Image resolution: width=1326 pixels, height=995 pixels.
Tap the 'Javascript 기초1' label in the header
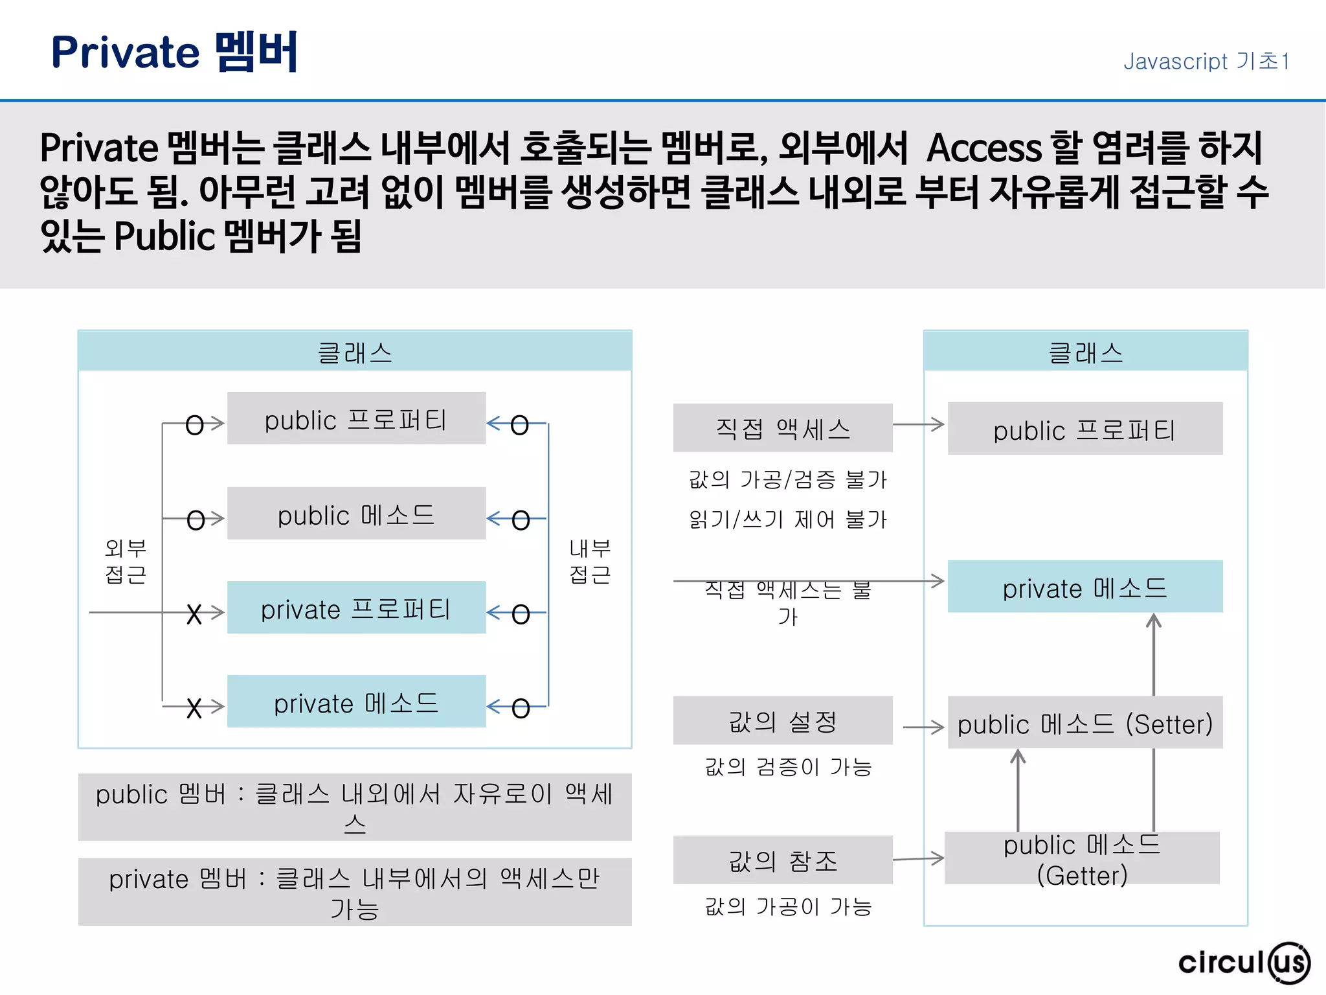tap(1206, 62)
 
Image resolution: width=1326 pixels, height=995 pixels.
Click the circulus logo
tap(1243, 962)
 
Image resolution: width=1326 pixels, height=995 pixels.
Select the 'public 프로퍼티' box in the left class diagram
tap(356, 418)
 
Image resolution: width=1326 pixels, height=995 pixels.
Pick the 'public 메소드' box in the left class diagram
tap(356, 514)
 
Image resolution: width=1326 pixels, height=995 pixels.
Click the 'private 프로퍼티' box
tap(356, 608)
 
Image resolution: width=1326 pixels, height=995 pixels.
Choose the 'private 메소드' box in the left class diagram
tap(356, 702)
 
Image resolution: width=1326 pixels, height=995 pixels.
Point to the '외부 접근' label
tap(126, 561)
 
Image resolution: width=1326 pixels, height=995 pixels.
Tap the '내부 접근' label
tap(590, 561)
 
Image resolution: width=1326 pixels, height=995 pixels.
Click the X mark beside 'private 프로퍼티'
tap(194, 613)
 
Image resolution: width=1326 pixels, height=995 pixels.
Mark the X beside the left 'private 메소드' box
tap(194, 708)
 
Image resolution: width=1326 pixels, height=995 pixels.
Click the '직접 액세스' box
tap(782, 428)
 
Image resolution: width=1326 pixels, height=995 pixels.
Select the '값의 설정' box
tap(782, 720)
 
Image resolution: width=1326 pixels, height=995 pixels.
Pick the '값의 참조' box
tap(782, 860)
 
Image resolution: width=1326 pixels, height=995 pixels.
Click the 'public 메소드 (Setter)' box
tap(1085, 723)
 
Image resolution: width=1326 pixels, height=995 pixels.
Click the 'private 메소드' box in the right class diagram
tap(1085, 587)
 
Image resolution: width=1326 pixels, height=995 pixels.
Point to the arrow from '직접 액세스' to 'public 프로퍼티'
tap(918, 425)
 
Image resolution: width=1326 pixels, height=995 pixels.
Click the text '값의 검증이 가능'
tap(788, 767)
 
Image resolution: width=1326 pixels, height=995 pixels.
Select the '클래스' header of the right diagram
tap(1085, 352)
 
